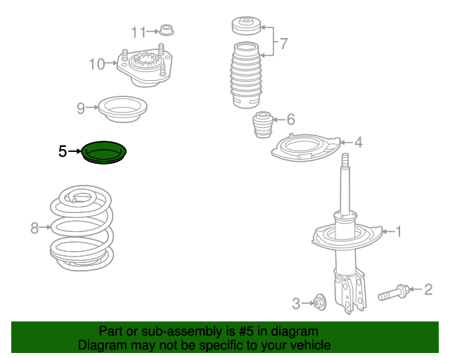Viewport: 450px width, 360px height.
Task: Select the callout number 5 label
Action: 63,151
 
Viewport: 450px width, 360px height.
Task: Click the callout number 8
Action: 34,227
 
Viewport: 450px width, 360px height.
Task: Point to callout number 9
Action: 81,108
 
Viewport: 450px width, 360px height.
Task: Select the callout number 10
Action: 96,65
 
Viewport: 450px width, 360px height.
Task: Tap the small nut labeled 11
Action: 167,30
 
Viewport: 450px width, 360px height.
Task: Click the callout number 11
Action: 139,32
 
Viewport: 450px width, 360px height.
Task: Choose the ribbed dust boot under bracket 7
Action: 243,77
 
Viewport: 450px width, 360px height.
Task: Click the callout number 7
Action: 283,44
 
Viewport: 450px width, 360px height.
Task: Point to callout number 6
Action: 290,120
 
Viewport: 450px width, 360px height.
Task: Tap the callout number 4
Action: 359,143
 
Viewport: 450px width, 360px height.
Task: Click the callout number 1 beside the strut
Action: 398,231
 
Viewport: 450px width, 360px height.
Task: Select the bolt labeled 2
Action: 394,290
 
